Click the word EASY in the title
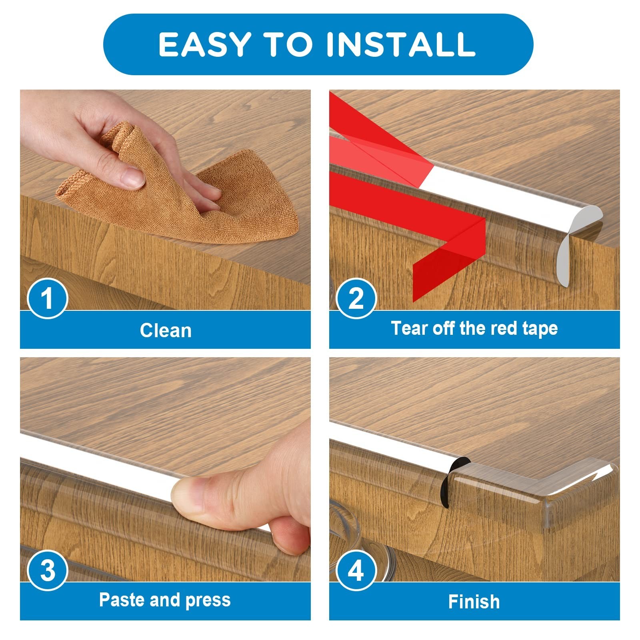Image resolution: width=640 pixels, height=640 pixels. (205, 44)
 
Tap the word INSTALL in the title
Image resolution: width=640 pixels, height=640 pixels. (401, 44)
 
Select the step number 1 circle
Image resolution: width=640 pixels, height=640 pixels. (48, 298)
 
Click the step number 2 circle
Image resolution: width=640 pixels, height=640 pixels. (356, 298)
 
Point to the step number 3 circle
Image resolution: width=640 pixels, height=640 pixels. (48, 570)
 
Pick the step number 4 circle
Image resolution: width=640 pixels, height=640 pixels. (356, 570)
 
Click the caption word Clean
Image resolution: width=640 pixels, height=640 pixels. (166, 331)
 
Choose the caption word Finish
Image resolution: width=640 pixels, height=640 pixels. (474, 602)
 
